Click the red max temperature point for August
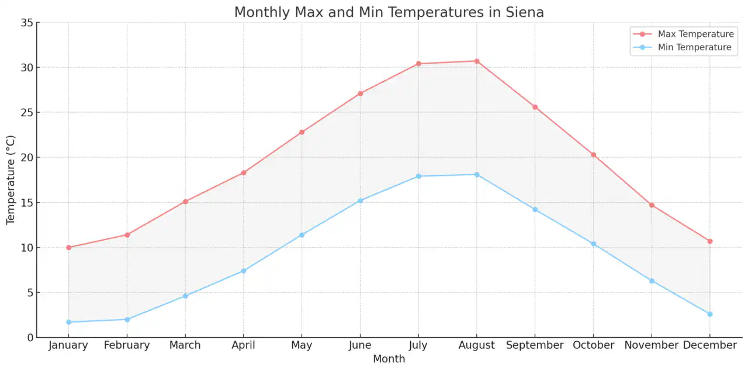pos(476,61)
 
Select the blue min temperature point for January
pos(68,322)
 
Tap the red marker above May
pos(302,132)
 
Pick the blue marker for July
pos(418,176)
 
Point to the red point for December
pos(709,241)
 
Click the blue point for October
pos(593,244)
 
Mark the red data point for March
pos(185,202)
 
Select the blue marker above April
pos(243,271)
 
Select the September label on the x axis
pos(535,345)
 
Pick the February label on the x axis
pos(127,345)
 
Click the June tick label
pos(360,345)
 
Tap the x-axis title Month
pos(389,359)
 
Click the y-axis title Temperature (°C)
pos(11,180)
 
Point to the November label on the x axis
pos(651,345)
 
